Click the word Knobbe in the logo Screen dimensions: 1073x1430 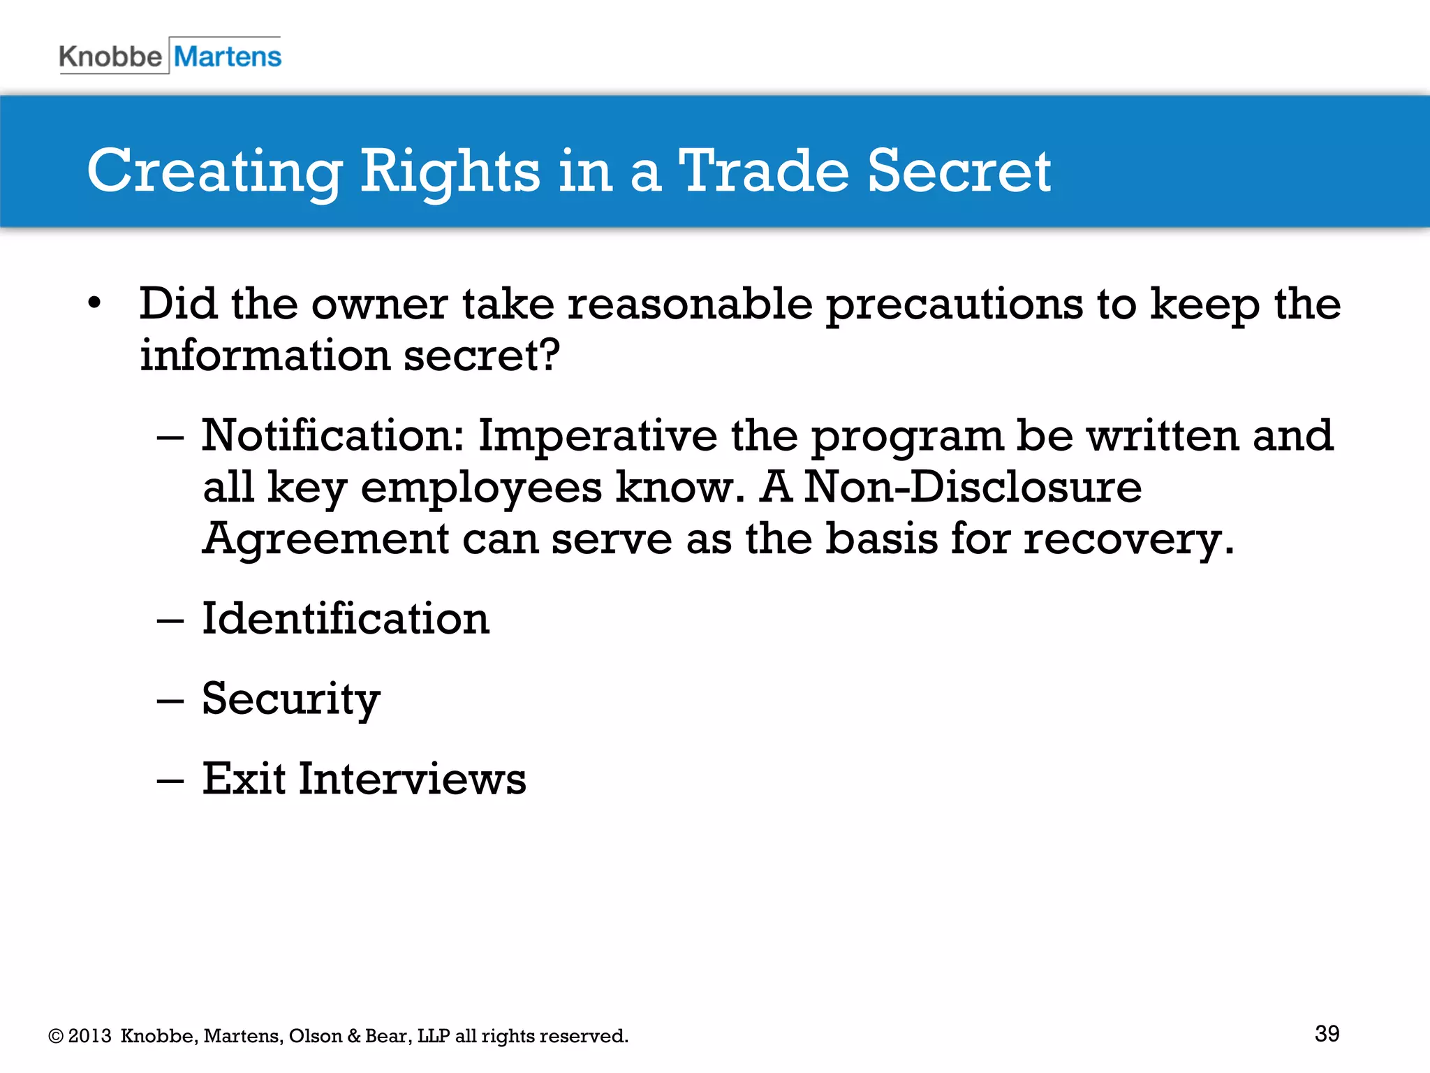[110, 57]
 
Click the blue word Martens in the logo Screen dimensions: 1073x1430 [228, 57]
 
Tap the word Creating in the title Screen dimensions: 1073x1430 [214, 172]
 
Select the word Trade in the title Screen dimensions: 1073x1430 [763, 170]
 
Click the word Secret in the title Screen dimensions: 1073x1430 [959, 170]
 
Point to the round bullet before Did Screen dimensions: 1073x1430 [94, 304]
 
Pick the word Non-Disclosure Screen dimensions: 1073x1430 [973, 487]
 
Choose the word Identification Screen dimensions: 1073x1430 [346, 619]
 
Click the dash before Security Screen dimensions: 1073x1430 [170, 700]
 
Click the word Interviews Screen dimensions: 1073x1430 [412, 779]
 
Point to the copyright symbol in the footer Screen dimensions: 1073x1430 [56, 1037]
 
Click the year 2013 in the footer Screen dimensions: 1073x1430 [89, 1036]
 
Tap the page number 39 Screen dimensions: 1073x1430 [1327, 1034]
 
